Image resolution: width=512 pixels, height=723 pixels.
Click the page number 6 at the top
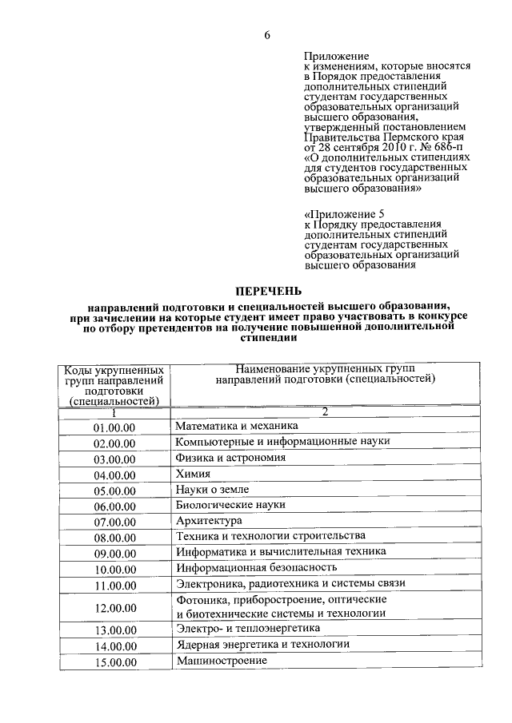(x=268, y=35)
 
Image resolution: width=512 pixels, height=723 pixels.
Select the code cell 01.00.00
(x=115, y=428)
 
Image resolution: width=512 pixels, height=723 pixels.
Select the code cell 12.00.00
(x=115, y=608)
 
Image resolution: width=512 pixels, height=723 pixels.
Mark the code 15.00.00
(x=115, y=662)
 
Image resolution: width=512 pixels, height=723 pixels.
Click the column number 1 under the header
(x=114, y=413)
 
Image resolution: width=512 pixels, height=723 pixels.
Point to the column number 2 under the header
(x=326, y=411)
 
